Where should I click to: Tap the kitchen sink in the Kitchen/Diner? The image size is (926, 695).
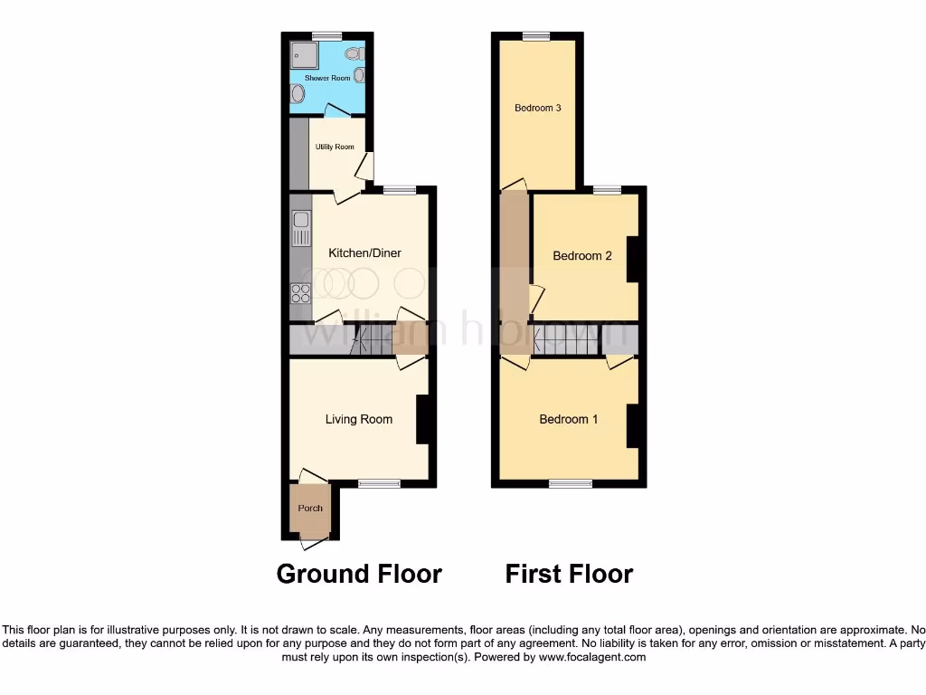pos(300,228)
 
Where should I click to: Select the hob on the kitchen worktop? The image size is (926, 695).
pos(300,292)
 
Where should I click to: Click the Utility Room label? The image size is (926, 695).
pos(335,147)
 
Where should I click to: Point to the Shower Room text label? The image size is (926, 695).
pos(327,79)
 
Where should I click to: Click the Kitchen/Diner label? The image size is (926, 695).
pos(364,253)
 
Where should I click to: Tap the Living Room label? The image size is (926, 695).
pos(359,419)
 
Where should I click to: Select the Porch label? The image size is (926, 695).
pos(310,509)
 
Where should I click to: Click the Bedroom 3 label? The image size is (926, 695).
pos(538,109)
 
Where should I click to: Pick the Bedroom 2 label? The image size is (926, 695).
pos(582,256)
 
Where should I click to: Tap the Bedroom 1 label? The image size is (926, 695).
pos(569,419)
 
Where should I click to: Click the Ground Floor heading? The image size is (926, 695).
pos(359,574)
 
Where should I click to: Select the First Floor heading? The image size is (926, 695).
pos(569,574)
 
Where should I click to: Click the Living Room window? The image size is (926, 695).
pos(379,484)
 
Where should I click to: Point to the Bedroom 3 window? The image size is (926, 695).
pos(536,36)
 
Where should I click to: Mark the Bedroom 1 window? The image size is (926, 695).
pos(571,484)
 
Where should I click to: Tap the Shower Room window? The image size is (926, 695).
pos(327,36)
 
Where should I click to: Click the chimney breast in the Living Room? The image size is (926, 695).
pos(422,420)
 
